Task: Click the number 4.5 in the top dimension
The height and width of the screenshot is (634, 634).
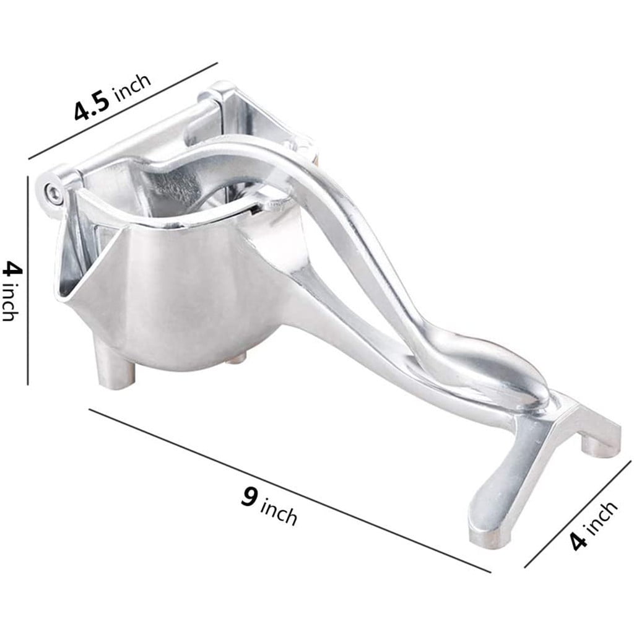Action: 92,106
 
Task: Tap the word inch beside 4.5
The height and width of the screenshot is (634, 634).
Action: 132,87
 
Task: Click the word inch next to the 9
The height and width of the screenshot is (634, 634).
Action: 279,511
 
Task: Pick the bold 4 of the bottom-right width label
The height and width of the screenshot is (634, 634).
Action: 579,541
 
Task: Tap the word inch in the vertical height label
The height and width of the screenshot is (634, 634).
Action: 11,302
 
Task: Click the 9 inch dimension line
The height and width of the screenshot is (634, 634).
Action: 290,490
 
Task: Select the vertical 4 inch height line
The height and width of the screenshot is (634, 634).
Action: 28,280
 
